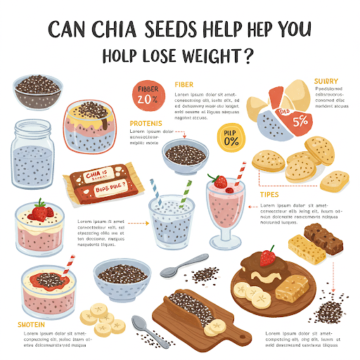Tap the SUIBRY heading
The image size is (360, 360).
327,81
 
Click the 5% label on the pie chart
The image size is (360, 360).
300,120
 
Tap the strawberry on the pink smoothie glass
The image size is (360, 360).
221,181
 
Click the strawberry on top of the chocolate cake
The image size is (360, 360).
267,257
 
